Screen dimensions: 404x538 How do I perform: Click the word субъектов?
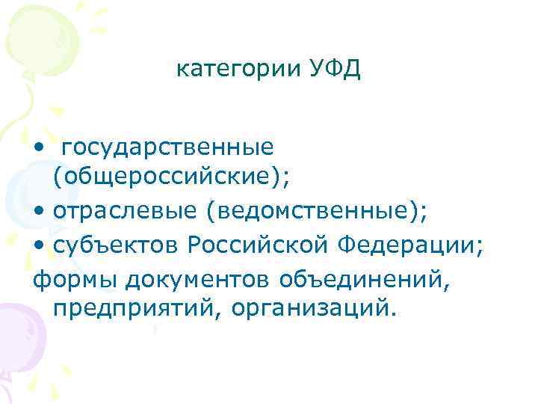point(116,244)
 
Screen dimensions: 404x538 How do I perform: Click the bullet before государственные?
point(38,149)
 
